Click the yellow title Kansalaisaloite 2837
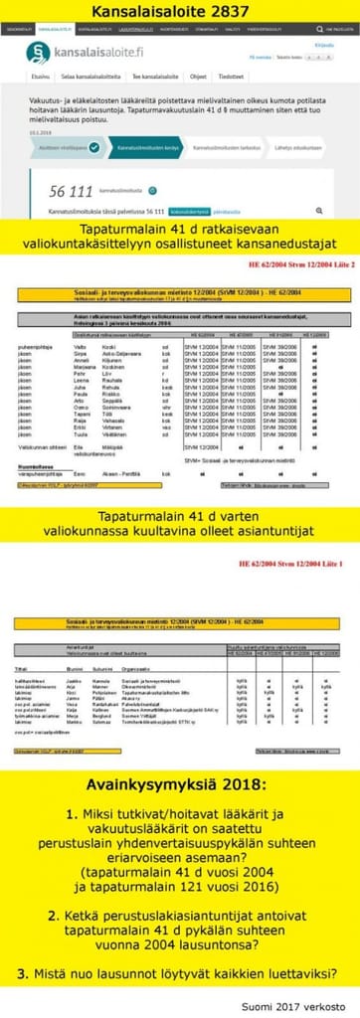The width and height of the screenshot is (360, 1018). tap(179, 11)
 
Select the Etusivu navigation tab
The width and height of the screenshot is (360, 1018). tap(41, 77)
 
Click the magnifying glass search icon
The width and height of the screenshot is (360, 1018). tap(318, 211)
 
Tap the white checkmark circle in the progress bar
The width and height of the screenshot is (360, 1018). tap(93, 147)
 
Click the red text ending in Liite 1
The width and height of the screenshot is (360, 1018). tap(299, 565)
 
